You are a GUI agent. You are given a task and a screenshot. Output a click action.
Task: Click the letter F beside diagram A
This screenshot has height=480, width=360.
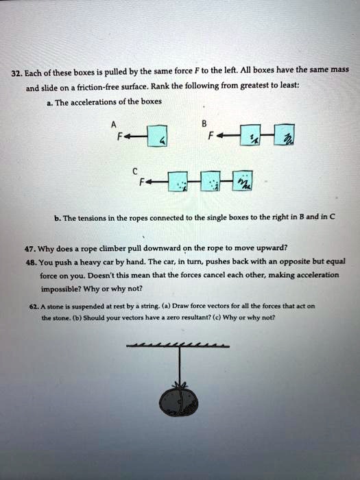pos(121,135)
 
